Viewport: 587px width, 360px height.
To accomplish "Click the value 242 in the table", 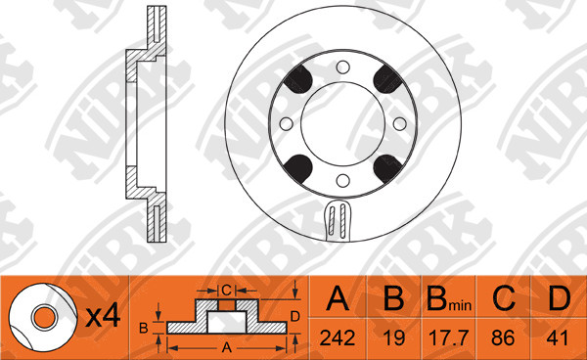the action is [x=338, y=337].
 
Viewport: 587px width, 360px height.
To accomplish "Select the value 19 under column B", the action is [x=394, y=337].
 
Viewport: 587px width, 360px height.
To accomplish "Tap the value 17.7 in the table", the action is [x=448, y=337].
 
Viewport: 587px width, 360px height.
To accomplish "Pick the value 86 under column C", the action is [x=503, y=337].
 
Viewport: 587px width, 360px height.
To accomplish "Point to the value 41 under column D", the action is [x=558, y=337].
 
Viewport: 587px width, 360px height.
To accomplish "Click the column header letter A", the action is [x=338, y=298].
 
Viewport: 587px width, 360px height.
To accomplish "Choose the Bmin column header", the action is [x=449, y=299].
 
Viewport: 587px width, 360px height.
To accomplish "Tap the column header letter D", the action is [x=560, y=298].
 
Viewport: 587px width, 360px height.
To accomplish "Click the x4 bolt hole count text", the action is [x=103, y=317].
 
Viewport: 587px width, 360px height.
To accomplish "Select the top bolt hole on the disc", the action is [x=342, y=67].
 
